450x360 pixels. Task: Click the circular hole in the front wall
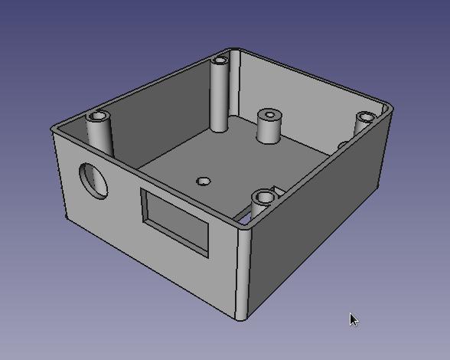[x=94, y=180]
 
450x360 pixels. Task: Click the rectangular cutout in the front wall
[x=174, y=222]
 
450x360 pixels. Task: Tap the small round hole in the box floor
[x=203, y=182]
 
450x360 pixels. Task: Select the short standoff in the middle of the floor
[x=269, y=128]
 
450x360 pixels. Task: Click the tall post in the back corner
[x=220, y=96]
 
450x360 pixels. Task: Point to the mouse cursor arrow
[x=353, y=319]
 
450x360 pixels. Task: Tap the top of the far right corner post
[x=366, y=118]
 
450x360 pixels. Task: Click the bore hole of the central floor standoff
[x=270, y=115]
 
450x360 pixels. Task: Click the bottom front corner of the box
[x=242, y=316]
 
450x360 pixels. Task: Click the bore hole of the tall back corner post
[x=221, y=59]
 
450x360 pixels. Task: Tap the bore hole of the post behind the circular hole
[x=97, y=117]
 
